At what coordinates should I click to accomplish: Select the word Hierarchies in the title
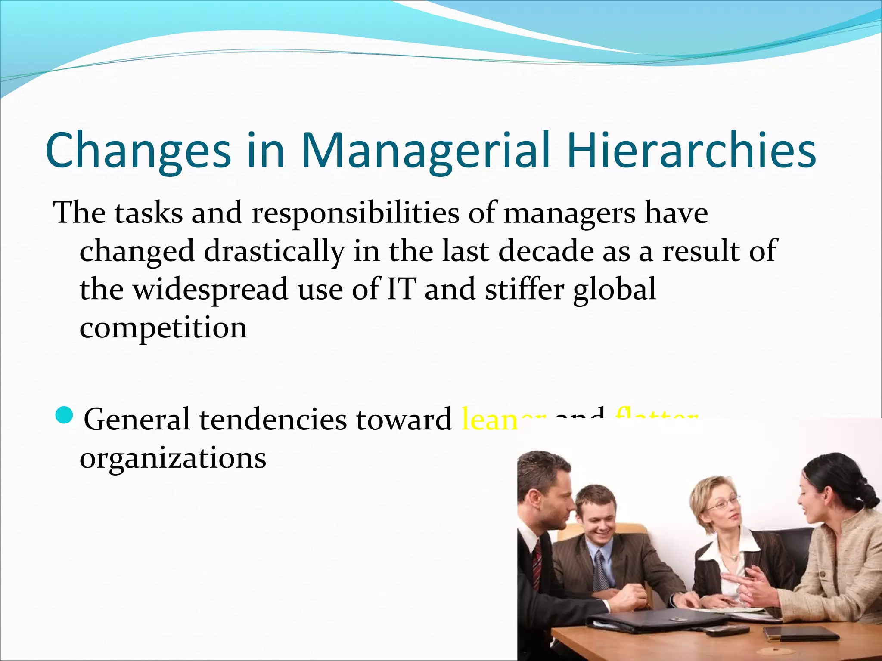point(691,151)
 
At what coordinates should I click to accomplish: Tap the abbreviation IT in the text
point(401,289)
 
